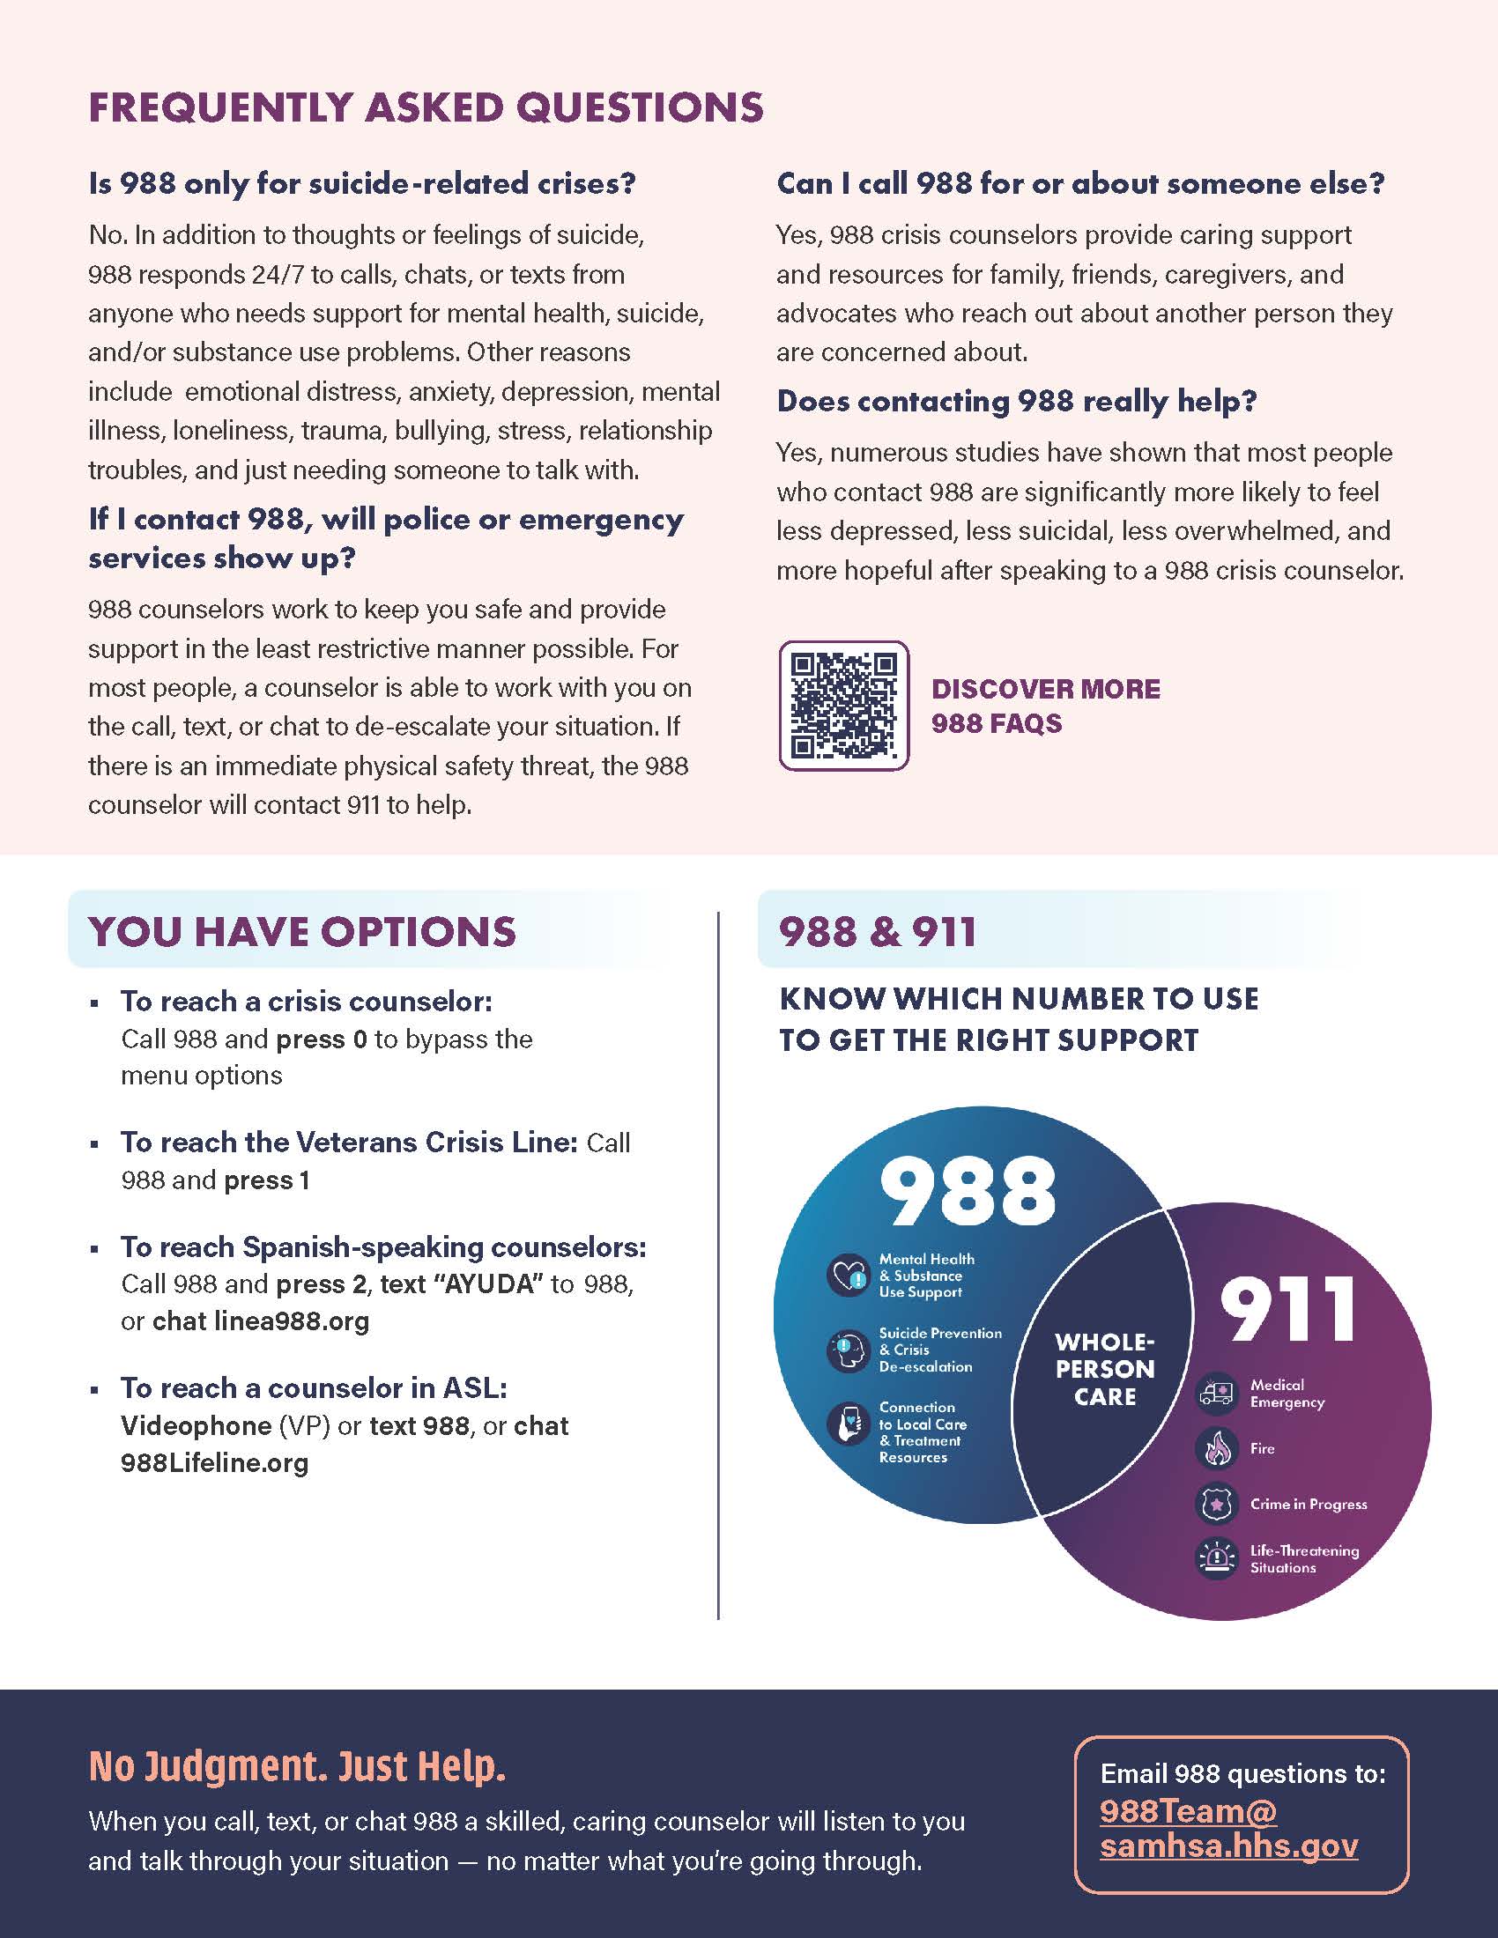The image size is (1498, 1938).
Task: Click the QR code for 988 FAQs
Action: (843, 706)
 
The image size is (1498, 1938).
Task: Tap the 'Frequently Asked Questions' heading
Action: (426, 107)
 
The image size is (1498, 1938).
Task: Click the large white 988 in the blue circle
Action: (968, 1191)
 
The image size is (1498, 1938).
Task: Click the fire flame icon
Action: (1216, 1448)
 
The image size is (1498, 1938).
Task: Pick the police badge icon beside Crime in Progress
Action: (1216, 1504)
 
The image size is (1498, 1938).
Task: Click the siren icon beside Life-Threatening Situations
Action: (1216, 1559)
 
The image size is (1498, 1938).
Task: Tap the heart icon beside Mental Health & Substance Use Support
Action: (848, 1276)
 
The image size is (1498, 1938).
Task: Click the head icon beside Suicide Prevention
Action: (848, 1350)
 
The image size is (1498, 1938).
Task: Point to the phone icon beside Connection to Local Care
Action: (848, 1424)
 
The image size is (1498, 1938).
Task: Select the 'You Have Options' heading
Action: (301, 931)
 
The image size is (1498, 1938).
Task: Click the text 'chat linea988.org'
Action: (261, 1321)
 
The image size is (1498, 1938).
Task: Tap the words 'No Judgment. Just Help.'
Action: (297, 1766)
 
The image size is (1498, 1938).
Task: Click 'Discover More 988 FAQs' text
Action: (1045, 706)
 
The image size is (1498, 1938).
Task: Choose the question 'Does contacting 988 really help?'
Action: (1017, 401)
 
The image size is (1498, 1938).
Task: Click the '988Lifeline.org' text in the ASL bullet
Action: (215, 1462)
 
